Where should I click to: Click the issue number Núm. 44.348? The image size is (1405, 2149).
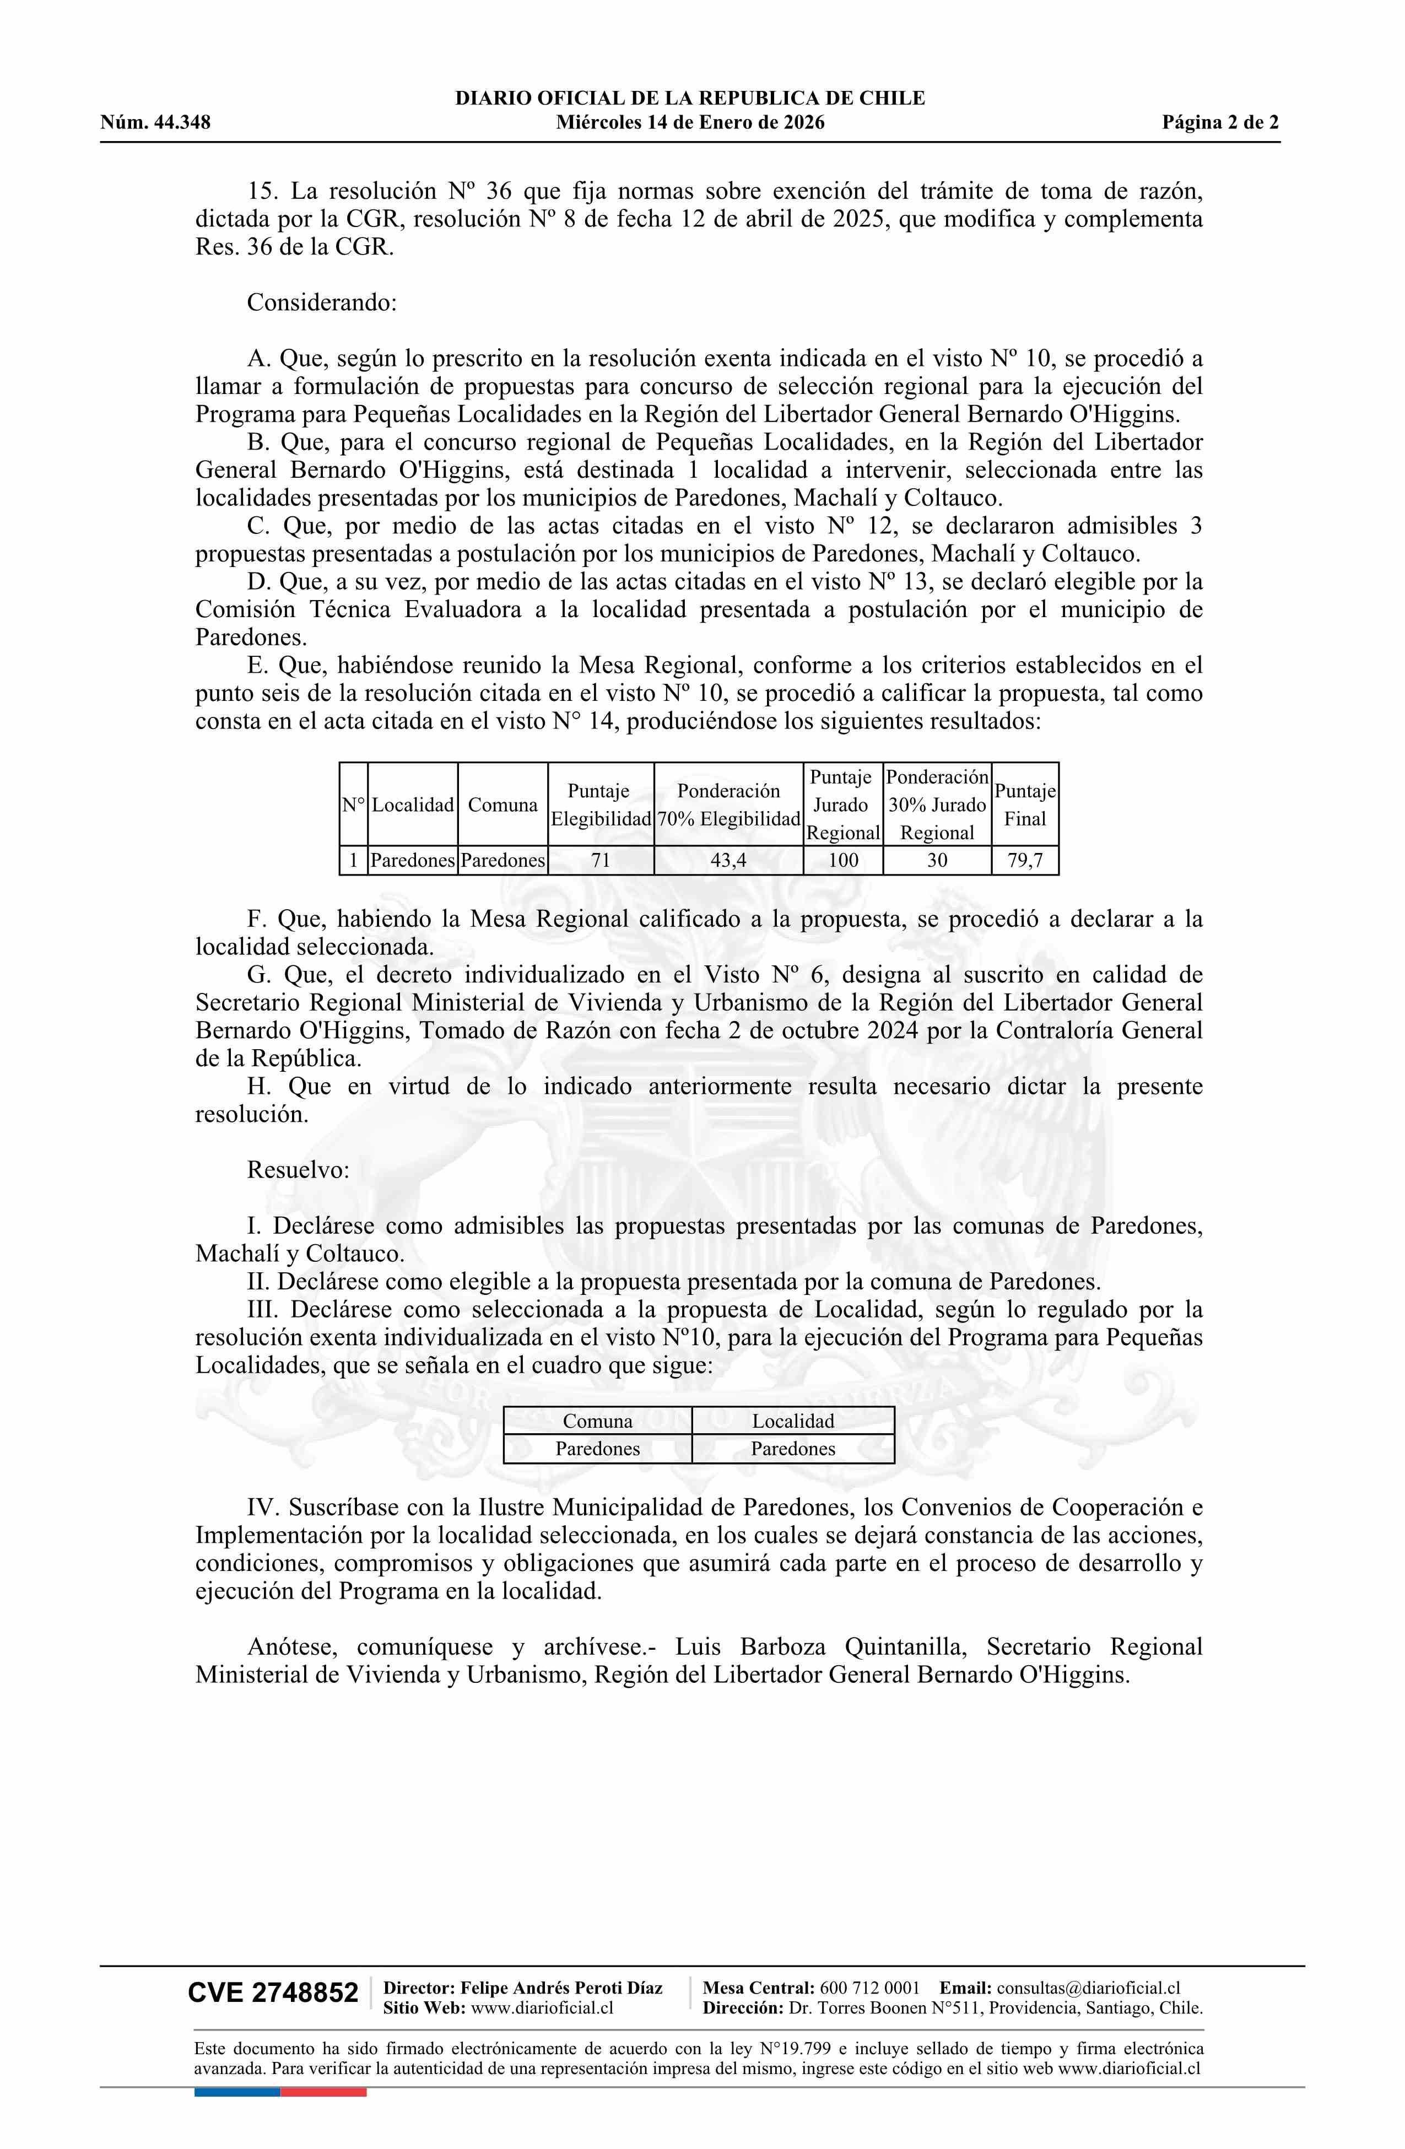tap(155, 123)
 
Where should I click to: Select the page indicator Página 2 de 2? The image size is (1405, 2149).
tap(1220, 123)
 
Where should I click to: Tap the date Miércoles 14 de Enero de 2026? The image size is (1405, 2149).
tap(690, 123)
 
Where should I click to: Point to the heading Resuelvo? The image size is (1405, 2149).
tap(298, 1170)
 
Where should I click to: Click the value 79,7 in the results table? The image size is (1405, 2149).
tap(1025, 861)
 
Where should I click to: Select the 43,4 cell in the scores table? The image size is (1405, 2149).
tap(728, 861)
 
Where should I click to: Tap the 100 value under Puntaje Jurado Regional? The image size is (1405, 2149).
tap(842, 861)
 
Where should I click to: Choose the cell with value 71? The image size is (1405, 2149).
tap(601, 861)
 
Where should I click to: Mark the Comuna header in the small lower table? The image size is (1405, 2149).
tap(598, 1421)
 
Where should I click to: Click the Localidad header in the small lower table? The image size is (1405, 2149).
tap(793, 1421)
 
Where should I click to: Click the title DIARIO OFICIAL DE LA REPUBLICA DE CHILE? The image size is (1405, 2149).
tap(690, 99)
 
